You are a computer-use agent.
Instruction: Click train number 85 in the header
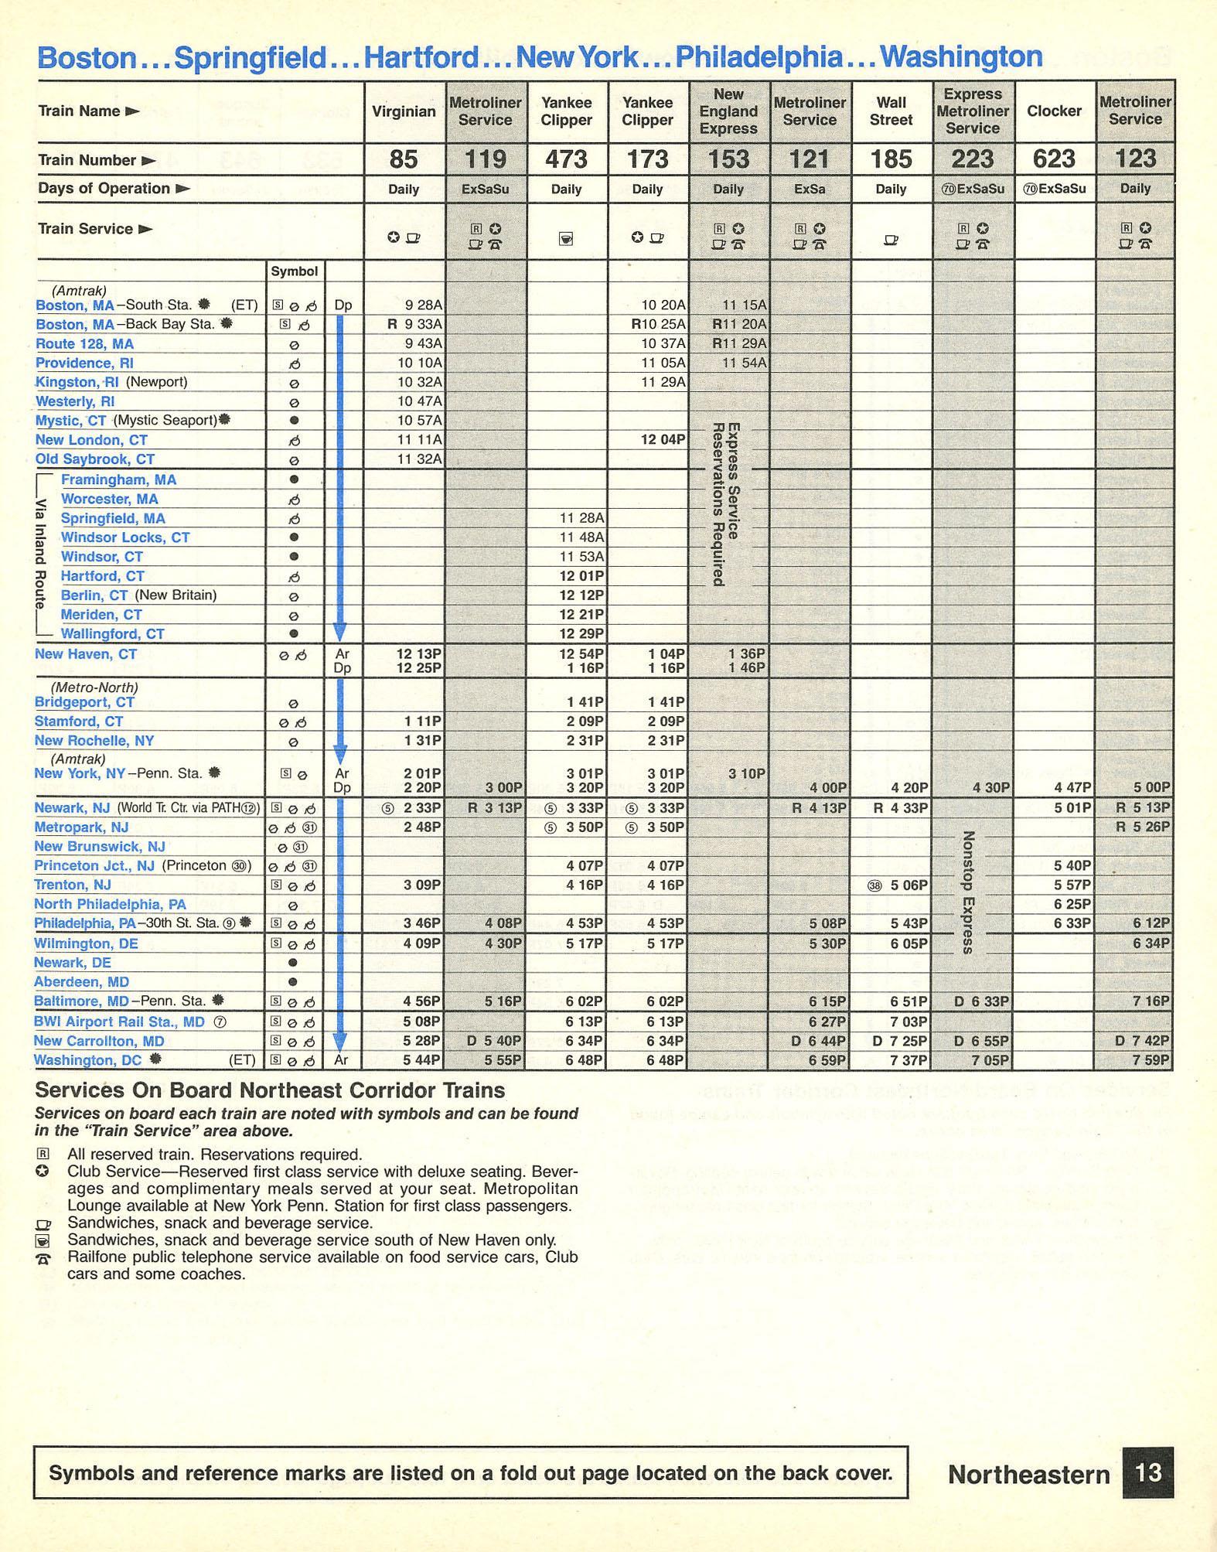pos(404,159)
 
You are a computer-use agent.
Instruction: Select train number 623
pos(1054,159)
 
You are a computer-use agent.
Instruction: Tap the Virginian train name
pos(404,111)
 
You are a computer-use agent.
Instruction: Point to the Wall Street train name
pos(891,111)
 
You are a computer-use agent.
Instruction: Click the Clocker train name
pos(1054,111)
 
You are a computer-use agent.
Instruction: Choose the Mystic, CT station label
pos(70,421)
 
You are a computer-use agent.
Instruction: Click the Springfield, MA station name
pos(113,518)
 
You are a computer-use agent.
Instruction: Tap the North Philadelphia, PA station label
pos(110,904)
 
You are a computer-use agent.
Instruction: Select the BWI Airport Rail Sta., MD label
pos(119,1022)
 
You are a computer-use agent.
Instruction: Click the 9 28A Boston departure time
pos(424,305)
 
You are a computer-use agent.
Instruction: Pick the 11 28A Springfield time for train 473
pos(581,518)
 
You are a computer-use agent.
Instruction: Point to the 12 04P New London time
pos(663,440)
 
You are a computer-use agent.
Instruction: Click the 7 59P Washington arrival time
pos(1151,1060)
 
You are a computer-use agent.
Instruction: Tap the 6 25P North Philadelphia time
pos(1072,904)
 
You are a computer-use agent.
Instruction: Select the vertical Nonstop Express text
pos(968,892)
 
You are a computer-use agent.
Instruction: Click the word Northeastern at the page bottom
pos(1028,1475)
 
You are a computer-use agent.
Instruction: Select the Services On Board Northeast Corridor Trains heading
pos(270,1090)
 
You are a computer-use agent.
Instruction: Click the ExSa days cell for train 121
pos(810,189)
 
